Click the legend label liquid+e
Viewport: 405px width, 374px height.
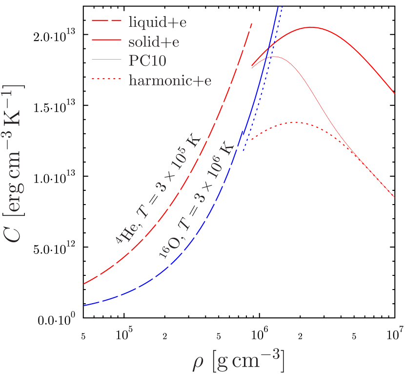(x=158, y=22)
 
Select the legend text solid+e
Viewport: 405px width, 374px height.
(x=154, y=42)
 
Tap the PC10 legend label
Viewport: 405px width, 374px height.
(x=147, y=61)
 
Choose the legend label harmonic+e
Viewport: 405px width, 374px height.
(x=170, y=81)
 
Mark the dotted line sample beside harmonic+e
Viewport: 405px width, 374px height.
(x=106, y=80)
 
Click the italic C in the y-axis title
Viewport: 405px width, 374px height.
(x=14, y=235)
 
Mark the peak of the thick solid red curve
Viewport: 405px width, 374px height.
(x=311, y=27)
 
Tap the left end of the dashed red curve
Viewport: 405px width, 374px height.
(x=84, y=284)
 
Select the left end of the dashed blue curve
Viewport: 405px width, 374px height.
(x=84, y=306)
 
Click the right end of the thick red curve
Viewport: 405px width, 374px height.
(x=394, y=93)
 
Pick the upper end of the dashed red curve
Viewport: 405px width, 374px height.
(x=252, y=23)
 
